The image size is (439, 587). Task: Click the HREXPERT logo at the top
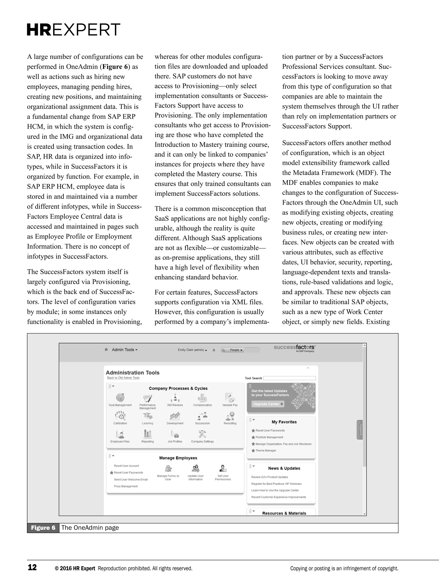point(74,30)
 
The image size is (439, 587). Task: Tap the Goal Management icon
point(120,398)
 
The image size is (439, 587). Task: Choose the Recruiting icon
point(230,416)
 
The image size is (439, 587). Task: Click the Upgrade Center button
point(268,404)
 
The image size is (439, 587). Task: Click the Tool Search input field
point(289,378)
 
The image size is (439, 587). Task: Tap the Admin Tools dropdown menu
point(125,350)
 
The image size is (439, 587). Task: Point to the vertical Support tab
point(360,430)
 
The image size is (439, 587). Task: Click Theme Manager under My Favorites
point(266,451)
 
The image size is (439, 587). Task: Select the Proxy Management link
point(126,486)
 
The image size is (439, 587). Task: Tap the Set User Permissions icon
point(223,469)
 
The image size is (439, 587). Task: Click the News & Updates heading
point(284,468)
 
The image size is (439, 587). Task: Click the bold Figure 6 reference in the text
point(115,67)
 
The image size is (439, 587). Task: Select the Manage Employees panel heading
point(178,458)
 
